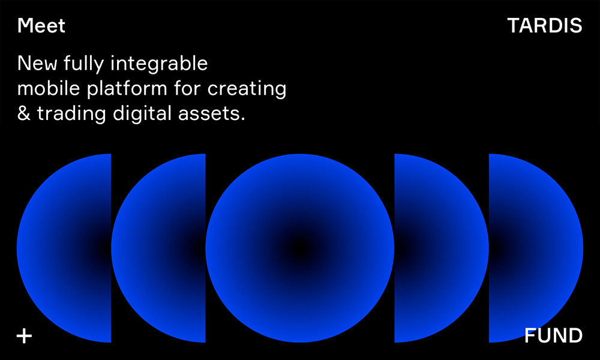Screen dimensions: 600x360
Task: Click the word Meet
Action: click(x=41, y=26)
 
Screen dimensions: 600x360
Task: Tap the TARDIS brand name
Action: click(x=545, y=26)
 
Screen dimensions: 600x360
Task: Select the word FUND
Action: click(x=553, y=335)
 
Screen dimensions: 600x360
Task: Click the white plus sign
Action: click(x=24, y=336)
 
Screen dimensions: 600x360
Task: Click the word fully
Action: click(x=84, y=64)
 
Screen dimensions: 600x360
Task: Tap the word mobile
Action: click(x=49, y=88)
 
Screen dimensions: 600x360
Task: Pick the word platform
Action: click(x=127, y=89)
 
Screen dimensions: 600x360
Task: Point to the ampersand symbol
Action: click(x=24, y=113)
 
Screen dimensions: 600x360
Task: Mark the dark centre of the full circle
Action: click(x=300, y=248)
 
